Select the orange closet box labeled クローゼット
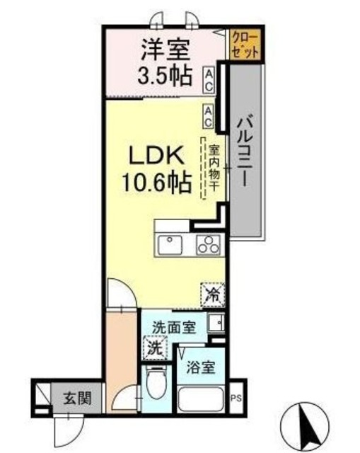click(x=245, y=45)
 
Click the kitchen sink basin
click(x=170, y=245)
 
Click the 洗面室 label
click(x=175, y=327)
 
